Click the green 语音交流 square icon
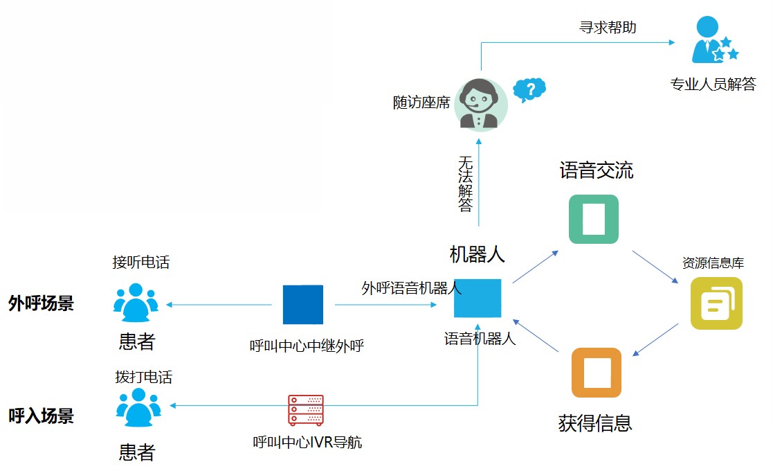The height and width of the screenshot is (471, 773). point(593,219)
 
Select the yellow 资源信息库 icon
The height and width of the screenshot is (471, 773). point(716,303)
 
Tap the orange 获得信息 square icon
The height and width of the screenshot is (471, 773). point(596,373)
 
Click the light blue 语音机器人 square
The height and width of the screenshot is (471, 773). point(478,298)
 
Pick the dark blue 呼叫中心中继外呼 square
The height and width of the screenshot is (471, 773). point(303,304)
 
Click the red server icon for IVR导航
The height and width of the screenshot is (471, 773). point(306,410)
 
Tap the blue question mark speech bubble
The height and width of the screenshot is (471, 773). point(529,89)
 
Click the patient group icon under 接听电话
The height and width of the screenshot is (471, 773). point(136,303)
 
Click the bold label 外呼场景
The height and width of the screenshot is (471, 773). point(42,303)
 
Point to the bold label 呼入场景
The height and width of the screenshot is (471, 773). point(42,416)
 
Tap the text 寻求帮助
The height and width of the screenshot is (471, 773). point(608,28)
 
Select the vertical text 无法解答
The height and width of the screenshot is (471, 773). point(466,184)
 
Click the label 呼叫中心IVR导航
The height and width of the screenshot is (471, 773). point(307,442)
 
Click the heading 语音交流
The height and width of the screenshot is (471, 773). point(596,170)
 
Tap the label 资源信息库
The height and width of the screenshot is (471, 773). point(713,263)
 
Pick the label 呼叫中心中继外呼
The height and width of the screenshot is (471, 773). point(307,346)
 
